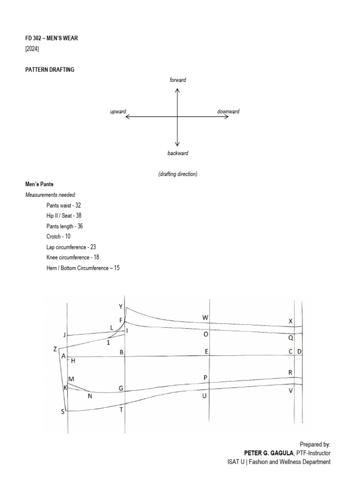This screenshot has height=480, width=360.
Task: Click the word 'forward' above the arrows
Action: pyautogui.click(x=178, y=80)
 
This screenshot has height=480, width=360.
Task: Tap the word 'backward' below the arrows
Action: pyautogui.click(x=178, y=153)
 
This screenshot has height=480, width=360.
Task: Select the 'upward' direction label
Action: pyautogui.click(x=118, y=112)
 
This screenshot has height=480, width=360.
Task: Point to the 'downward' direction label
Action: pyautogui.click(x=228, y=112)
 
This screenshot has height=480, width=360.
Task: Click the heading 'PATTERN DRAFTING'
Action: pyautogui.click(x=50, y=69)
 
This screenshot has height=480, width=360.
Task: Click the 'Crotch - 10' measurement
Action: pyautogui.click(x=59, y=236)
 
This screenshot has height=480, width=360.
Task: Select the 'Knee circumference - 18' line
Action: pyautogui.click(x=73, y=257)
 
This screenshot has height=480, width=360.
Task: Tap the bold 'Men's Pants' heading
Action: pyautogui.click(x=40, y=185)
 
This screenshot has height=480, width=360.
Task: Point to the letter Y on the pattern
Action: pyautogui.click(x=120, y=307)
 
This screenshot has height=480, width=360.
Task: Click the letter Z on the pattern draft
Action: pyautogui.click(x=55, y=349)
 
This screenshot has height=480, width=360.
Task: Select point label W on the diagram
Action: pyautogui.click(x=205, y=318)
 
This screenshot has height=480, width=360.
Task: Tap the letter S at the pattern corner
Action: pyautogui.click(x=62, y=412)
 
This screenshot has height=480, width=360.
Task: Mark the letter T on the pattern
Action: pyautogui.click(x=121, y=409)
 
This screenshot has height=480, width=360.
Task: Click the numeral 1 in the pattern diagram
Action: pyautogui.click(x=108, y=342)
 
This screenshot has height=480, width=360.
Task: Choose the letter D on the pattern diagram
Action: pyautogui.click(x=299, y=352)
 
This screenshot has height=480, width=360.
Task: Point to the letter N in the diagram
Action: pyautogui.click(x=90, y=396)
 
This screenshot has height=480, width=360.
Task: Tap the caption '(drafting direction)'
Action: pyautogui.click(x=178, y=174)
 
